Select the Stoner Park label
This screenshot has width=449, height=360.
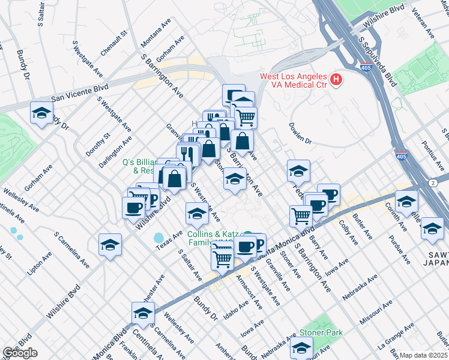click(x=321, y=332)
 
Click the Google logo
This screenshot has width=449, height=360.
click(x=20, y=353)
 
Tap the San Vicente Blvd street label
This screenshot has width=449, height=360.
click(x=79, y=92)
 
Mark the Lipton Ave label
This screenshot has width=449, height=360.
click(x=40, y=263)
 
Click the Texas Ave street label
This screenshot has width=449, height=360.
click(x=169, y=240)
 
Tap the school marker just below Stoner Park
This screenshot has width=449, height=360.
click(x=301, y=347)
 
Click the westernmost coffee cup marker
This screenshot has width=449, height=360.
click(x=133, y=207)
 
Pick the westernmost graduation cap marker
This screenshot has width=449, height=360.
click(x=41, y=113)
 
